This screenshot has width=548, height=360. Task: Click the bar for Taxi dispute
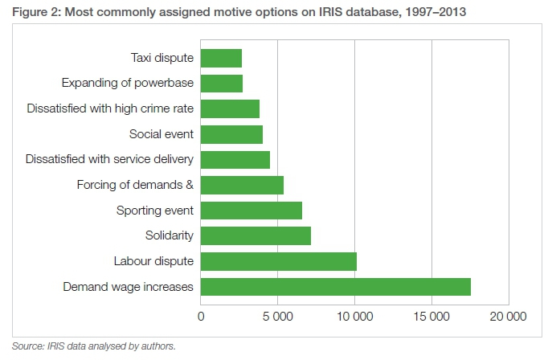[x=221, y=58]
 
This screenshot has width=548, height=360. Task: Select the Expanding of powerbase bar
[x=221, y=84]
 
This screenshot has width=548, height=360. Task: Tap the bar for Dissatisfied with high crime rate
[x=230, y=108]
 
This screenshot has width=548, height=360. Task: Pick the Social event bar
[x=231, y=134]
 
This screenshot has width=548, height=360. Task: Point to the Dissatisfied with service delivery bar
[x=235, y=159]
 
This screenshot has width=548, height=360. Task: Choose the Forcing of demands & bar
[x=242, y=185]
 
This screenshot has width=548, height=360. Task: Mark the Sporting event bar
[x=251, y=211]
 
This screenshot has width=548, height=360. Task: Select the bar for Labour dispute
[x=278, y=261]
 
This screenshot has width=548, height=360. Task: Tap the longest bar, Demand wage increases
[x=335, y=287]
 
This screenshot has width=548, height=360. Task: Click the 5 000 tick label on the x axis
[x=277, y=316]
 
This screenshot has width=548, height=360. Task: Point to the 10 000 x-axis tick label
[x=354, y=316]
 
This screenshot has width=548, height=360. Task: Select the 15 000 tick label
[x=431, y=316]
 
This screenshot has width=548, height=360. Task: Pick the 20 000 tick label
[x=508, y=316]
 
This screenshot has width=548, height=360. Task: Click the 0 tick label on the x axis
[x=201, y=316]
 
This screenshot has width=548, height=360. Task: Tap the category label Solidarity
[x=170, y=235]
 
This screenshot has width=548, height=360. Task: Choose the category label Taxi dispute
[x=162, y=58]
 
